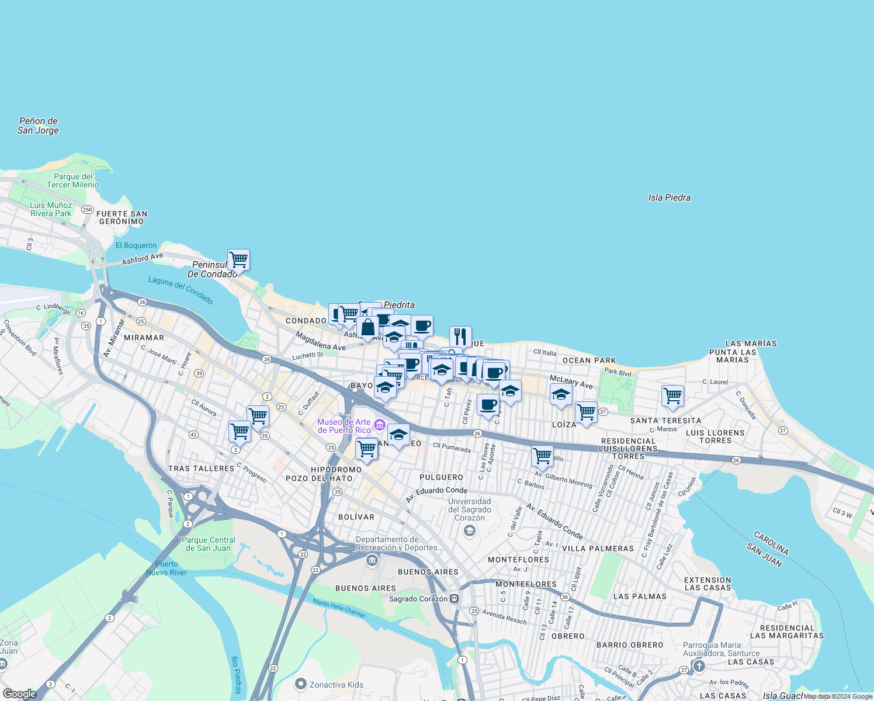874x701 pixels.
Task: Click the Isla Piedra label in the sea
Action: tap(669, 197)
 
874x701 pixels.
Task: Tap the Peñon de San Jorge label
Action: tap(38, 126)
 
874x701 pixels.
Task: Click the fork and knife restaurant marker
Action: tap(460, 336)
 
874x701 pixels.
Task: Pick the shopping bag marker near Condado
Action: tap(368, 328)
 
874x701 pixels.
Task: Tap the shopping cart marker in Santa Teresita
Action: tap(672, 395)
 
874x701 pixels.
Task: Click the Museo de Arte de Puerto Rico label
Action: tap(345, 426)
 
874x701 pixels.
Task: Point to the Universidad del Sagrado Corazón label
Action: tap(469, 509)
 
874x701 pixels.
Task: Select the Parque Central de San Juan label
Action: tap(209, 544)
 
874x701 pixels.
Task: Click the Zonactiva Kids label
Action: tap(336, 685)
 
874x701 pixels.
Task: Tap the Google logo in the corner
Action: tap(19, 694)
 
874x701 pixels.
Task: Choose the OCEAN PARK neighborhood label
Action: tap(589, 360)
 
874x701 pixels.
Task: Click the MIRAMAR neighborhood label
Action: tap(144, 338)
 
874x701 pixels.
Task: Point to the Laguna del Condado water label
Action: tap(181, 290)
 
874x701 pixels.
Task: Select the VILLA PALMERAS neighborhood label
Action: tap(598, 549)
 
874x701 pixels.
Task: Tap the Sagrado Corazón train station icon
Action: tap(455, 599)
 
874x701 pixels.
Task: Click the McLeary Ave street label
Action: tap(571, 382)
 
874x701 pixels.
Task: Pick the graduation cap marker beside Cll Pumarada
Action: tap(398, 435)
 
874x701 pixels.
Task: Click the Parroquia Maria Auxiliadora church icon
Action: tap(699, 666)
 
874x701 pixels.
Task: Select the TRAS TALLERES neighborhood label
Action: tap(201, 469)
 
